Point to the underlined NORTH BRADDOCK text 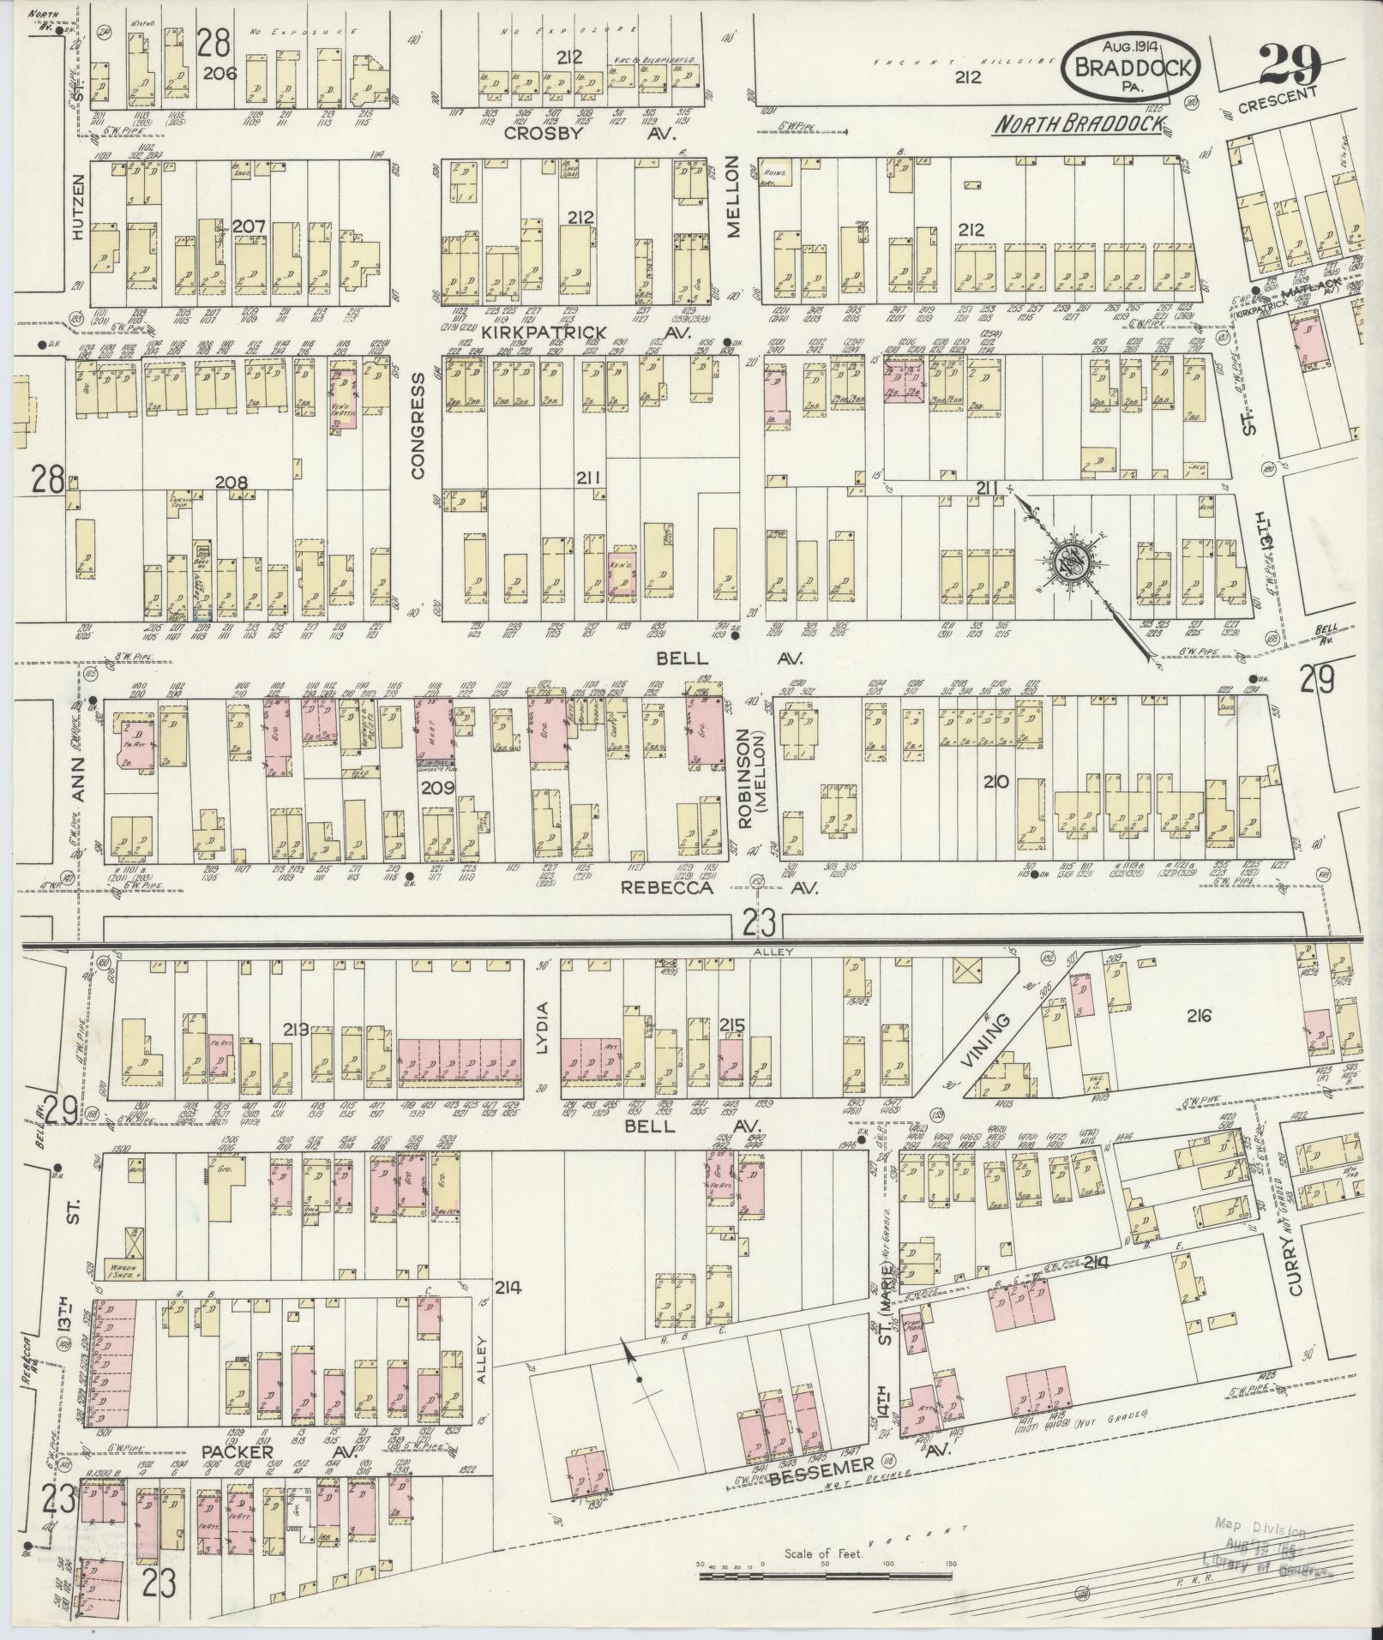1079,125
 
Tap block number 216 1199,1016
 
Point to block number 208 231,483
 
